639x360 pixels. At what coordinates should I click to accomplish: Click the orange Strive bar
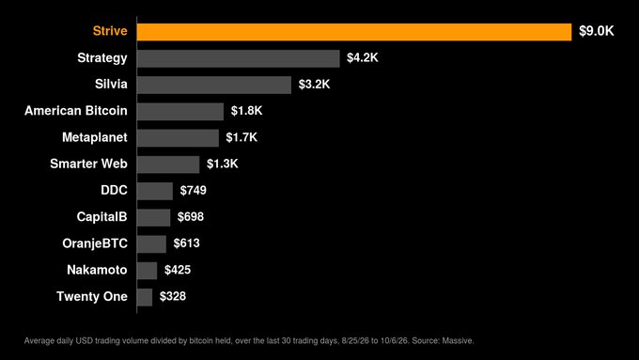[x=354, y=32]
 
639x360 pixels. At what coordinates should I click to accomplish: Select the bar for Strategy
[x=239, y=58]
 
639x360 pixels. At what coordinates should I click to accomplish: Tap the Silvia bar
[x=214, y=85]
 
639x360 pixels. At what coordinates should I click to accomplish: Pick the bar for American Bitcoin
[x=180, y=111]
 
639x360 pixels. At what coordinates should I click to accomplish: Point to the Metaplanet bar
[x=179, y=138]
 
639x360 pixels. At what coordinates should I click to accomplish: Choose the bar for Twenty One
[x=145, y=297]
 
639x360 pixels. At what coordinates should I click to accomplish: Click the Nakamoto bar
[x=148, y=271]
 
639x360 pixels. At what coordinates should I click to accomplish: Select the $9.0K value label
[x=596, y=31]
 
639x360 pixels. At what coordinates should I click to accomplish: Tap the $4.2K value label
[x=363, y=57]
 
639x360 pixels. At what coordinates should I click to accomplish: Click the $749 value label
[x=194, y=190]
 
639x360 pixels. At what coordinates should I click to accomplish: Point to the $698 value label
[x=191, y=216]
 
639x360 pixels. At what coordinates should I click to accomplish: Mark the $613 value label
[x=186, y=243]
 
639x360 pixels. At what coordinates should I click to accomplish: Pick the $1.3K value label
[x=222, y=164]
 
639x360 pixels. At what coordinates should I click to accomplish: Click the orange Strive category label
[x=110, y=31]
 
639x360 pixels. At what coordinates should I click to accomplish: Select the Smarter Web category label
[x=88, y=164]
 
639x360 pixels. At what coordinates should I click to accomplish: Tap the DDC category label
[x=114, y=190]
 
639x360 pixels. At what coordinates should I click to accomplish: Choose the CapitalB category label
[x=101, y=217]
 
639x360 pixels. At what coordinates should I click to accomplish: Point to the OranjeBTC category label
[x=95, y=243]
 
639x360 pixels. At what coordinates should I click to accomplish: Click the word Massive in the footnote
[x=458, y=340]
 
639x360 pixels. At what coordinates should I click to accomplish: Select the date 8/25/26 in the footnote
[x=354, y=340]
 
